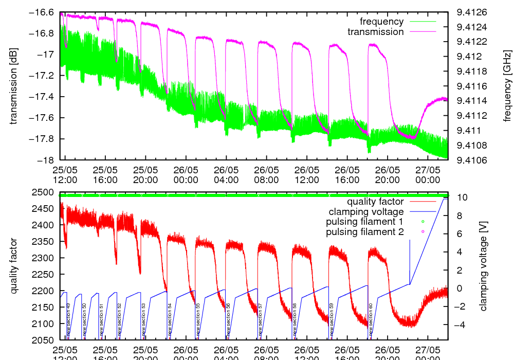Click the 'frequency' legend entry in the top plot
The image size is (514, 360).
(381, 22)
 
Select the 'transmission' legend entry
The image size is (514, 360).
(375, 32)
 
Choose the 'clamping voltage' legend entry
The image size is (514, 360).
(366, 211)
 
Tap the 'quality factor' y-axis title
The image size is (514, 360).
(14, 266)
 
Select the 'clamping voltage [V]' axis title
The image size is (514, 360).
(483, 266)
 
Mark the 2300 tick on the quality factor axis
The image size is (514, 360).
(45, 258)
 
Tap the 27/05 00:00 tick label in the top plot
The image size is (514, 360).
(428, 175)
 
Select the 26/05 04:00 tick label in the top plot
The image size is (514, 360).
(226, 175)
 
